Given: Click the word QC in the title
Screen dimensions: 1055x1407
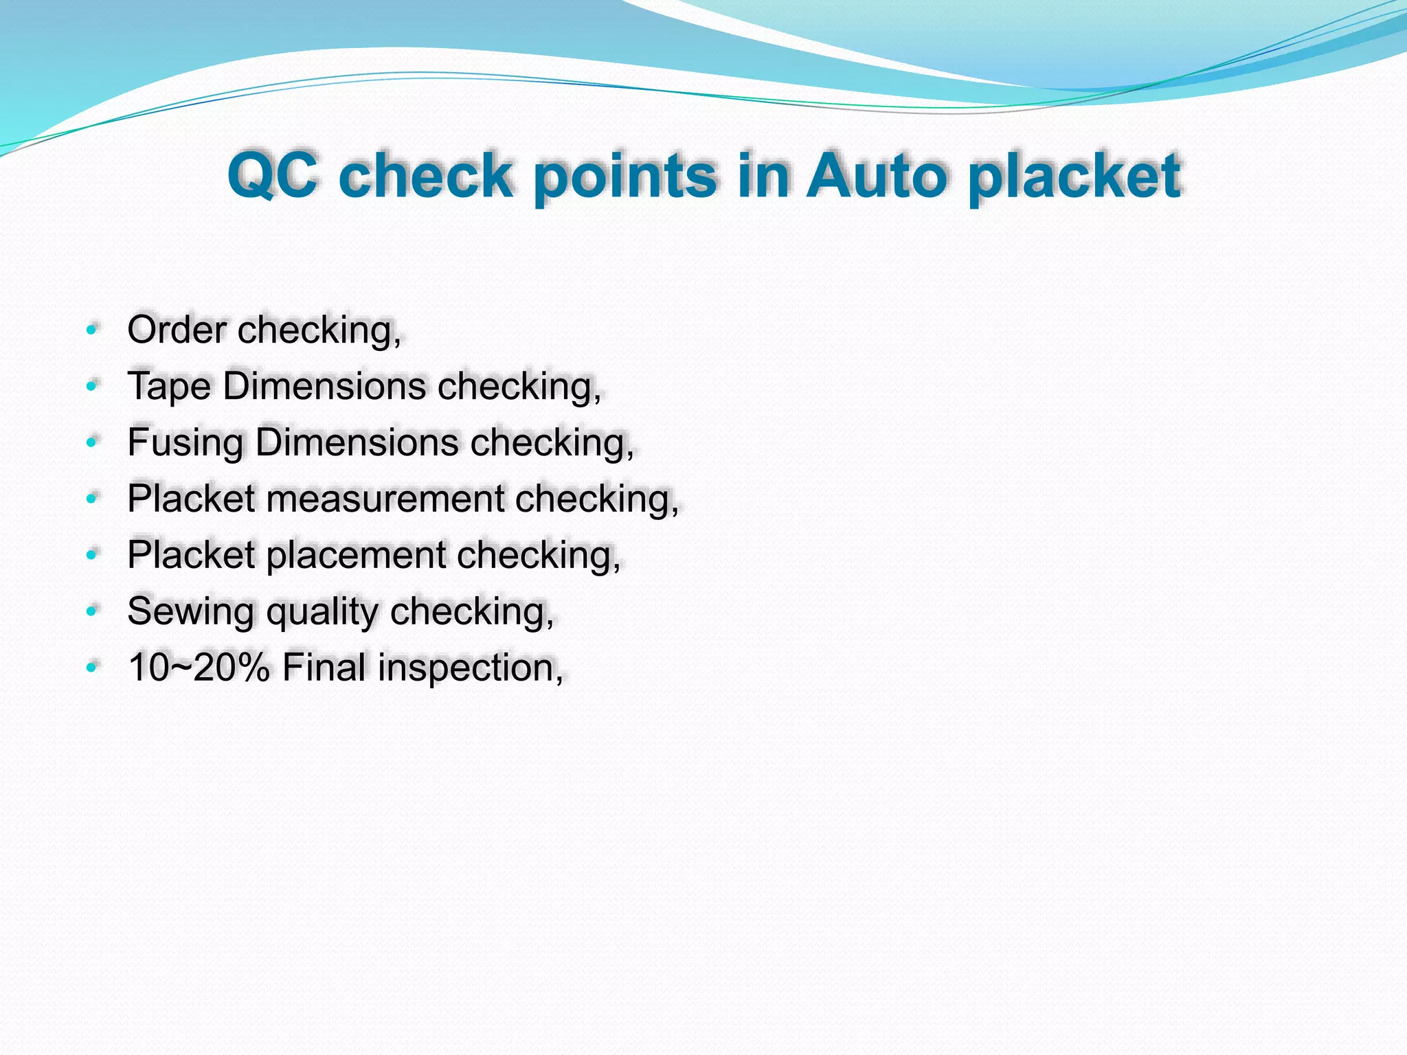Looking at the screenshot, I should pyautogui.click(x=273, y=176).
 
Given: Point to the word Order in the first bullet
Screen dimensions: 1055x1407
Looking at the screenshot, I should pyautogui.click(x=177, y=330).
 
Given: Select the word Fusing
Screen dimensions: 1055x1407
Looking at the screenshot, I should pyautogui.click(x=185, y=442).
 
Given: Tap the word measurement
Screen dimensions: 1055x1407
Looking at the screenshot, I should pyautogui.click(x=385, y=499).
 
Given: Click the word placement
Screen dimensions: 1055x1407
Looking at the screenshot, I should pyautogui.click(x=356, y=555).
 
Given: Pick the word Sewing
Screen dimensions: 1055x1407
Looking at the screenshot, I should pyautogui.click(x=190, y=611).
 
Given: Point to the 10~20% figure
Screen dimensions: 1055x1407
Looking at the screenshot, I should pyautogui.click(x=199, y=668).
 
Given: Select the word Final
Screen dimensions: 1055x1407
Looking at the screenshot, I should pyautogui.click(x=324, y=668).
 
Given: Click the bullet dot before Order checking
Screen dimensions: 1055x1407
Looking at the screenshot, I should pyautogui.click(x=92, y=330).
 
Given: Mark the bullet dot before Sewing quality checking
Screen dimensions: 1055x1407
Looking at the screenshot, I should pyautogui.click(x=92, y=611).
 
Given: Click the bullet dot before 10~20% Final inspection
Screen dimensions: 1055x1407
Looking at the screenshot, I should pyautogui.click(x=92, y=668).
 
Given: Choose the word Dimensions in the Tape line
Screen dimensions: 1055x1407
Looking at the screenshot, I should pyautogui.click(x=324, y=386).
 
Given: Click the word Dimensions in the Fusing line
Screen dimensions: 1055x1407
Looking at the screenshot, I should pyautogui.click(x=357, y=442).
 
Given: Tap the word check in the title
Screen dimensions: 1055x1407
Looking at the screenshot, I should pyautogui.click(x=426, y=176).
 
